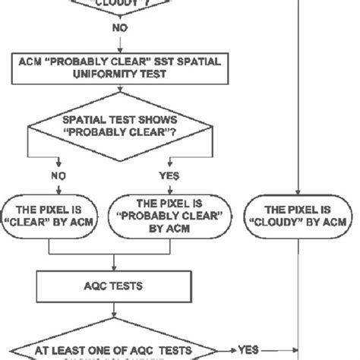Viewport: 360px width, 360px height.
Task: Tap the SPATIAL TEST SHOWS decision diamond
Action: (115, 124)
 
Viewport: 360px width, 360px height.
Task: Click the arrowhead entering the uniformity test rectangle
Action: (115, 50)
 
